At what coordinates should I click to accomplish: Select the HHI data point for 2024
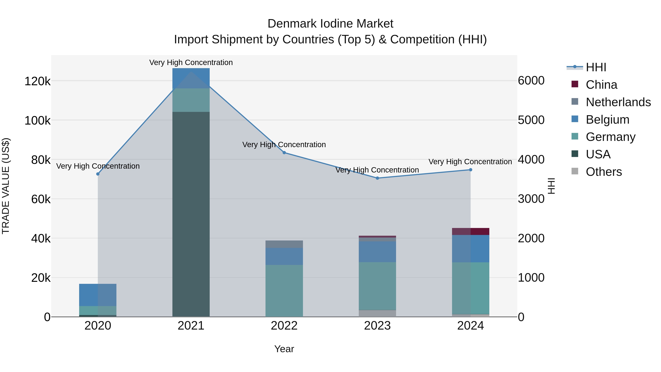pos(470,170)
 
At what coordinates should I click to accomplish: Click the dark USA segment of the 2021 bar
pos(191,213)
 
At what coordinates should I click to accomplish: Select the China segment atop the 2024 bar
pos(470,231)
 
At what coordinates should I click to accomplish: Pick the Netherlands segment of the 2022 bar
pos(284,244)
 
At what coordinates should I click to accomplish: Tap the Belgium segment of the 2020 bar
pos(98,295)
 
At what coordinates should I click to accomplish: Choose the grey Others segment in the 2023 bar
pos(377,313)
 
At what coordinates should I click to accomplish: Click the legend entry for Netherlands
pos(618,102)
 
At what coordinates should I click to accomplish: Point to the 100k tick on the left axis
pos(37,120)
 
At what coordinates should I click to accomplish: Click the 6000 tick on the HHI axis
pos(531,81)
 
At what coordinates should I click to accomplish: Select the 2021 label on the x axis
pos(191,326)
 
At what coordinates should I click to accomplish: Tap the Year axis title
pos(284,349)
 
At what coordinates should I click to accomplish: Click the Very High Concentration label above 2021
pos(191,62)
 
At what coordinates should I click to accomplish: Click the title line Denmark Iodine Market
pos(330,24)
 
